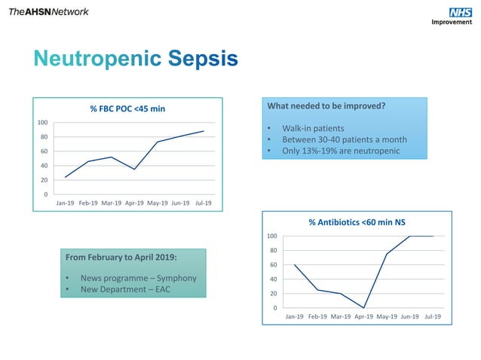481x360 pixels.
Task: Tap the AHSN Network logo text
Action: [48, 11]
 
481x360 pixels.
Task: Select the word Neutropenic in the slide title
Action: [98, 59]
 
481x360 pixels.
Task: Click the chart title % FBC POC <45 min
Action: [127, 109]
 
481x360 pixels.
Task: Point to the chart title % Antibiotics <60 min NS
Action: [357, 222]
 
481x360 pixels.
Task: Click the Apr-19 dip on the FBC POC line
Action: [135, 169]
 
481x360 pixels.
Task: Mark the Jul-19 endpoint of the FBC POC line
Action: [204, 131]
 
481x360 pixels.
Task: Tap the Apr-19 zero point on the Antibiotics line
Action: [364, 308]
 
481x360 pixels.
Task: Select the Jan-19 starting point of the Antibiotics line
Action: [295, 265]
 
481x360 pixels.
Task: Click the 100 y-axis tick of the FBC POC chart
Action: [43, 123]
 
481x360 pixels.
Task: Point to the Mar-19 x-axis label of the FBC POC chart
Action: [112, 203]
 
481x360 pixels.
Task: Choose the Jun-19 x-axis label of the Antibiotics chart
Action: [410, 317]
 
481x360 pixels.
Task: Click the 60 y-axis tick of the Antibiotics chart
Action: [272, 265]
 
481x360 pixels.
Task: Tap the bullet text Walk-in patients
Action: [313, 128]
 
